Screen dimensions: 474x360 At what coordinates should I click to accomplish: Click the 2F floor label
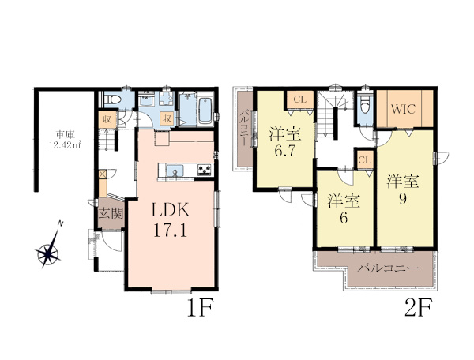pyautogui.click(x=419, y=308)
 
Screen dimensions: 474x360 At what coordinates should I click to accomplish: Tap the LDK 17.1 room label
pyautogui.click(x=171, y=220)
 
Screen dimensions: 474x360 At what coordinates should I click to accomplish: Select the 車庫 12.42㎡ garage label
pyautogui.click(x=65, y=139)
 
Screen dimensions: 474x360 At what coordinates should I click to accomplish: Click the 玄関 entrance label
pyautogui.click(x=111, y=213)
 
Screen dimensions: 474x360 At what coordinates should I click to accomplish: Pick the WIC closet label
pyautogui.click(x=404, y=109)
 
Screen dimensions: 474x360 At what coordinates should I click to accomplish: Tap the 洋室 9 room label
pyautogui.click(x=403, y=190)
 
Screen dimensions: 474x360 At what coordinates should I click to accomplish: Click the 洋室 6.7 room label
pyautogui.click(x=285, y=142)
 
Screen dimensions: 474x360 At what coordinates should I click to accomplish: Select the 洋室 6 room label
pyautogui.click(x=344, y=208)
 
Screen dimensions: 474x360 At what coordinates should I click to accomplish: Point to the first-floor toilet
pyautogui.click(x=112, y=99)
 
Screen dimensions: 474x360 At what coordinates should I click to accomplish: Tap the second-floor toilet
pyautogui.click(x=366, y=105)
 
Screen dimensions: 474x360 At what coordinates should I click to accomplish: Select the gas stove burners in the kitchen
pyautogui.click(x=205, y=170)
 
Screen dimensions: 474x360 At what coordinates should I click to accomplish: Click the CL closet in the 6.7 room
pyautogui.click(x=300, y=99)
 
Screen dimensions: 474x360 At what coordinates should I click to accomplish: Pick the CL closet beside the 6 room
pyautogui.click(x=365, y=159)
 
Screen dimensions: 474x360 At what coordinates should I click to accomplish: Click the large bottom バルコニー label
pyautogui.click(x=389, y=268)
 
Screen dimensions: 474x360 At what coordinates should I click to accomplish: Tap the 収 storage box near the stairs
pyautogui.click(x=107, y=119)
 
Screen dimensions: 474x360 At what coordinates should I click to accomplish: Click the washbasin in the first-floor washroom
pyautogui.click(x=147, y=99)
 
